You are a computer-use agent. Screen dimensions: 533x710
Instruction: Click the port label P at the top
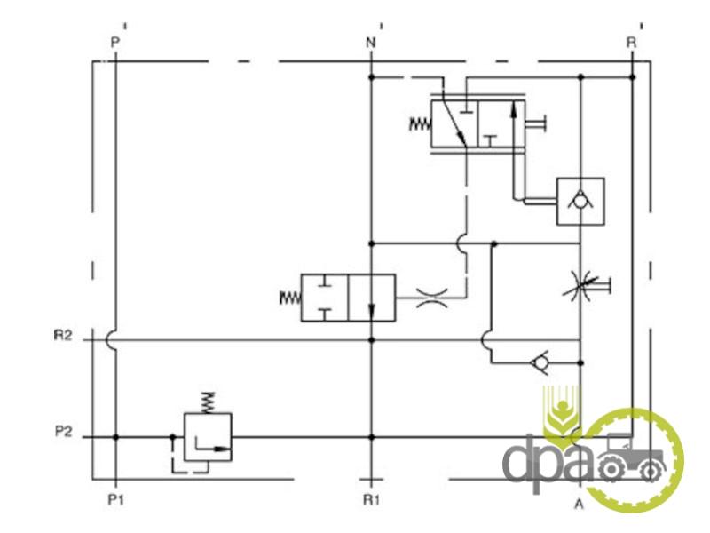(x=114, y=42)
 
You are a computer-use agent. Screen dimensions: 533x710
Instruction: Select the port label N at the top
(x=370, y=42)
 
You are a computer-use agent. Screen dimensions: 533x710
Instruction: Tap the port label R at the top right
(x=631, y=42)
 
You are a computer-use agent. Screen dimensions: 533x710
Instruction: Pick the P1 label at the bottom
(x=114, y=500)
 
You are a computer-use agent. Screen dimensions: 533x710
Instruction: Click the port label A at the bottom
(x=579, y=505)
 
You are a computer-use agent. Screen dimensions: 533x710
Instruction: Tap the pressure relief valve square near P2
(x=208, y=436)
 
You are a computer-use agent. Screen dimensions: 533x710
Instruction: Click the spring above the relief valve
(x=208, y=401)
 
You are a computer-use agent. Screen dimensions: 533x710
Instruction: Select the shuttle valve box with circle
(x=580, y=201)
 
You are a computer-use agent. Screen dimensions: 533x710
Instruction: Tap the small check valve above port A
(x=537, y=362)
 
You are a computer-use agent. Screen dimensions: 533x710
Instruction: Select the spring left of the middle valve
(x=290, y=298)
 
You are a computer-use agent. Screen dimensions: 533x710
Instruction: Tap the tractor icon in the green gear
(x=632, y=457)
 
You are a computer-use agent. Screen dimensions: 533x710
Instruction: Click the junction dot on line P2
(x=114, y=436)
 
